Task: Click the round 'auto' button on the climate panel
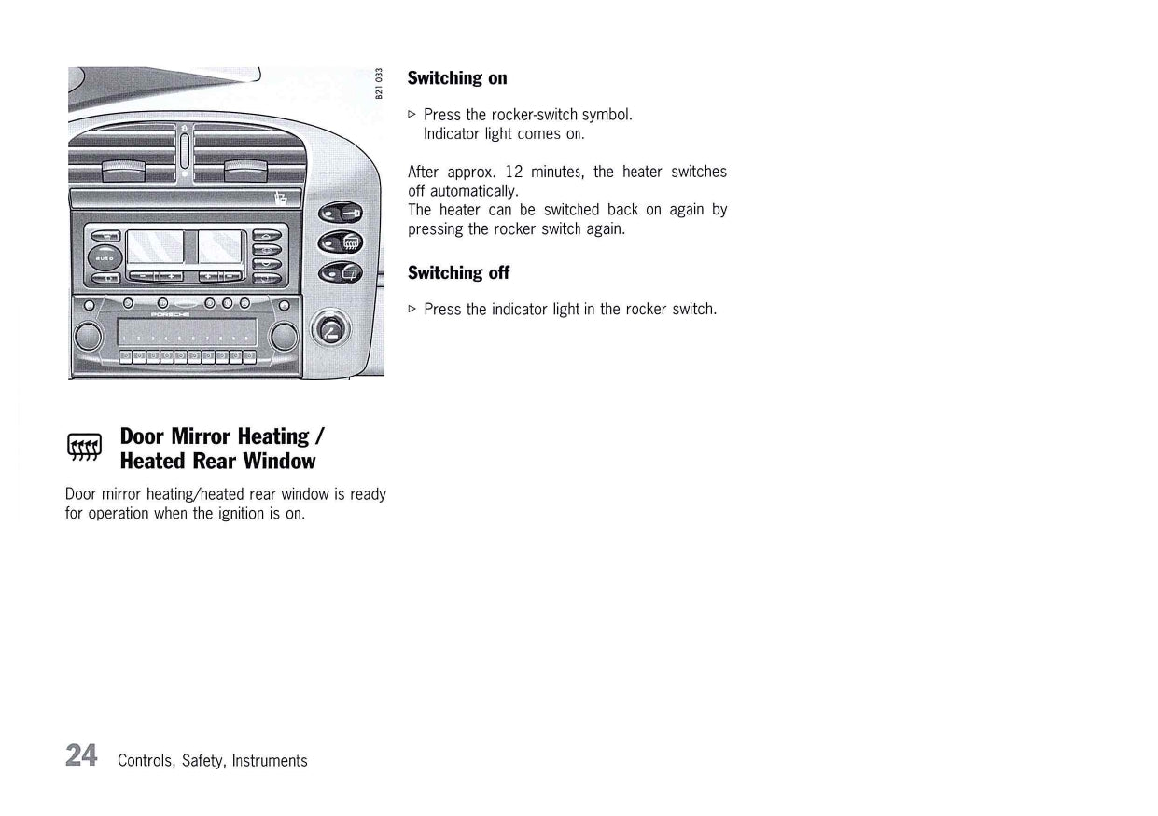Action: [x=105, y=257]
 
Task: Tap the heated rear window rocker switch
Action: [x=341, y=242]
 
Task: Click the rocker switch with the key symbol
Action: [x=341, y=213]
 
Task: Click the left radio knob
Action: [x=89, y=336]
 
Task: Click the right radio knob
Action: [x=284, y=336]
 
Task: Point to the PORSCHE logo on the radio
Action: [x=170, y=314]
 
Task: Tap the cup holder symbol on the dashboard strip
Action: [x=281, y=199]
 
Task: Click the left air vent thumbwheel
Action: [x=124, y=171]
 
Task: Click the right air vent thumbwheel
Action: [x=246, y=171]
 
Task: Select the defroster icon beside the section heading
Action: [x=84, y=447]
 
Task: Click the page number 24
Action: [x=81, y=755]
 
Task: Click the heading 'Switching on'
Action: [x=457, y=78]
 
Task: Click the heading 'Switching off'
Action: [x=458, y=273]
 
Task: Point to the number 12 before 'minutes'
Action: [x=514, y=172]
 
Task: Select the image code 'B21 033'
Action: [x=379, y=83]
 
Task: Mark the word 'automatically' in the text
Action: [x=473, y=192]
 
